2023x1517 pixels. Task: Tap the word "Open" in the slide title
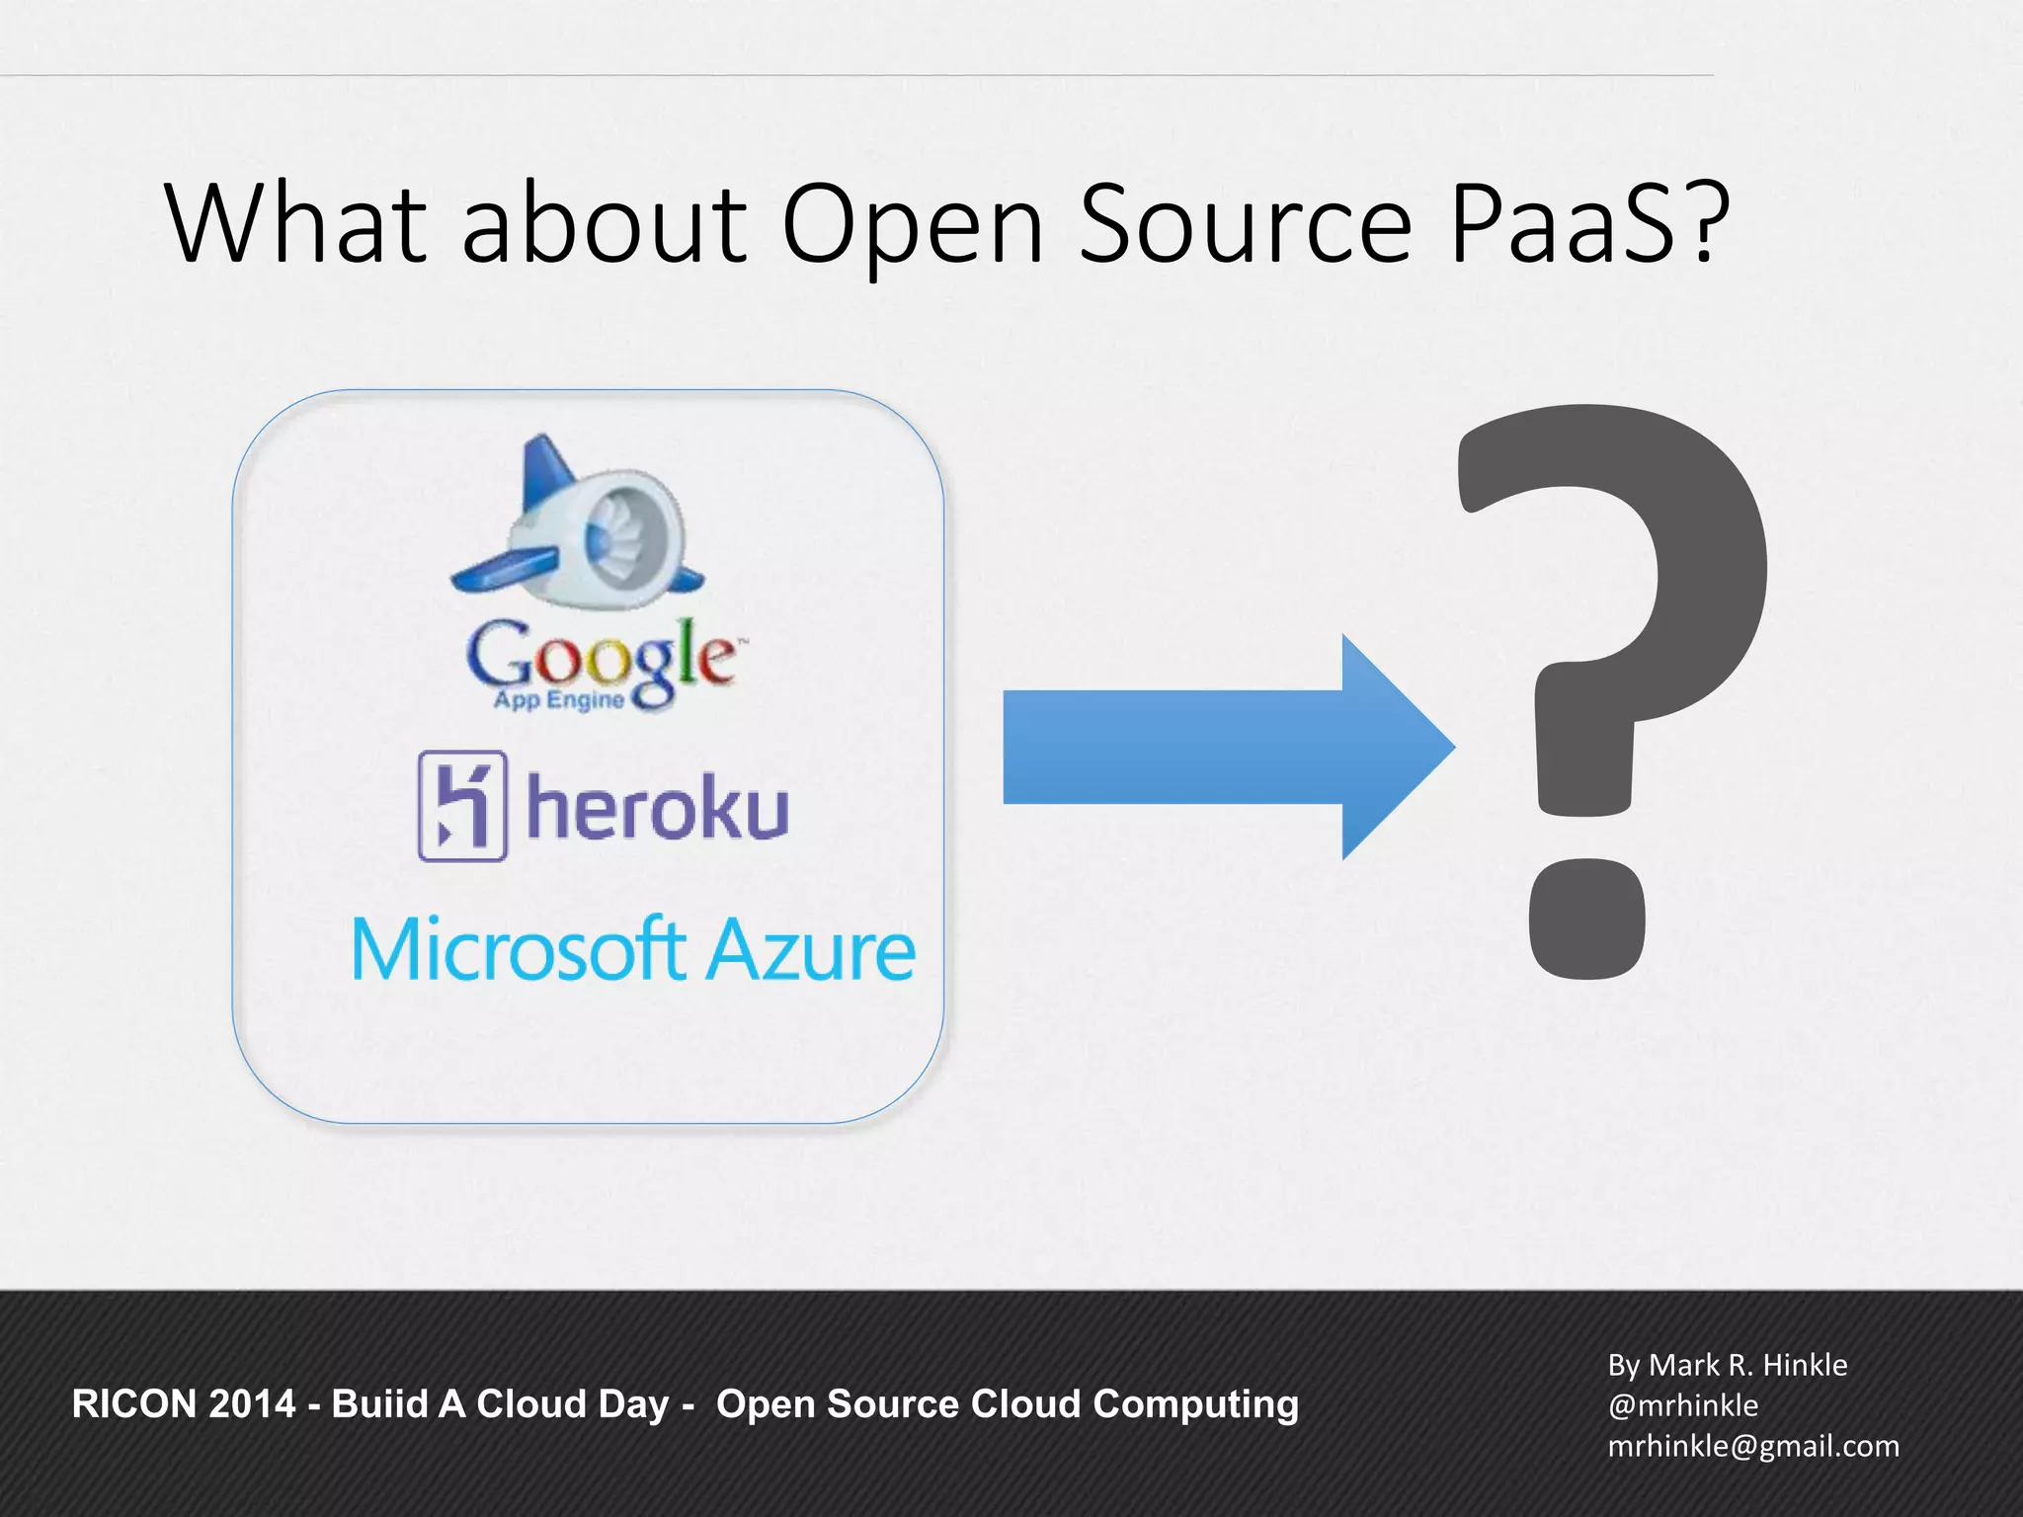coord(912,225)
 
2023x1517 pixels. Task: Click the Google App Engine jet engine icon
coord(578,523)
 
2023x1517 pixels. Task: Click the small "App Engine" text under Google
coord(559,700)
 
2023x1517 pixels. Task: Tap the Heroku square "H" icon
coord(462,805)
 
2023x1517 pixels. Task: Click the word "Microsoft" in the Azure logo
coord(519,949)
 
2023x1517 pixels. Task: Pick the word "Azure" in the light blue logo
coord(812,949)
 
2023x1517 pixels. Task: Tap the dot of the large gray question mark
coord(1586,918)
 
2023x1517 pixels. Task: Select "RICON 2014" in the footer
coord(184,1403)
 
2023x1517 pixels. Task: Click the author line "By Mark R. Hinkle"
coord(1727,1365)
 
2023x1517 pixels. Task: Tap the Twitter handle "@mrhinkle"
coord(1682,1405)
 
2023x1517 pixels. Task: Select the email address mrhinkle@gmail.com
coord(1753,1446)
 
